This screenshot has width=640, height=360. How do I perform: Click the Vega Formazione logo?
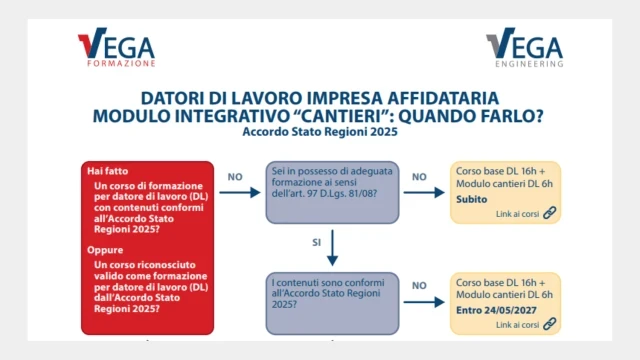tap(116, 49)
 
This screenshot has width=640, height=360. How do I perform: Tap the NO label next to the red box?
tap(236, 177)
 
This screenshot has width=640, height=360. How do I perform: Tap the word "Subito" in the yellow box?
tap(474, 200)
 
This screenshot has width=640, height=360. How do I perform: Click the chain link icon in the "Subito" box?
tap(549, 212)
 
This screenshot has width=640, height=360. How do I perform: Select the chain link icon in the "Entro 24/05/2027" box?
tap(549, 324)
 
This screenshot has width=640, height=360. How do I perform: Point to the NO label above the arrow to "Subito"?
tap(420, 177)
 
